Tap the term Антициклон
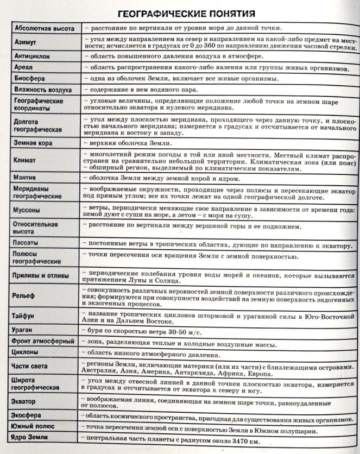pos(33,56)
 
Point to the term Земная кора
pos(34,143)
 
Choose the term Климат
pos(26,161)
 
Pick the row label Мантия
pos(26,178)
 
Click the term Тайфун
pos(25,316)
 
